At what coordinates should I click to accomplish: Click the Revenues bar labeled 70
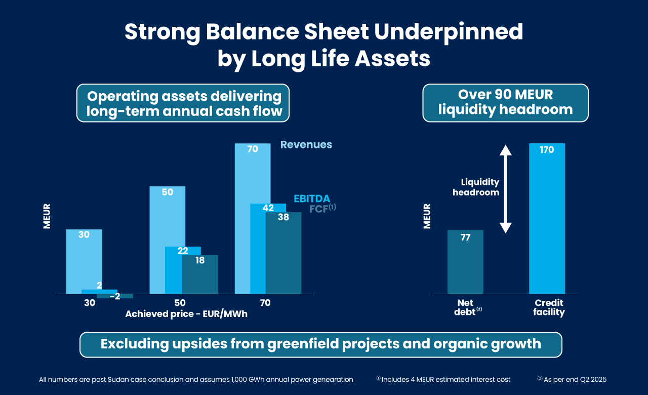252,172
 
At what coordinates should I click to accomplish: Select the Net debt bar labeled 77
465,263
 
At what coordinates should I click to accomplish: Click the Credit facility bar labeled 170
547,218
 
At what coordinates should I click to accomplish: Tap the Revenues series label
306,145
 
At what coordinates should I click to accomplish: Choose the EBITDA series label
312,199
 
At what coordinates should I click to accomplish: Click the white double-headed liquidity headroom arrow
506,189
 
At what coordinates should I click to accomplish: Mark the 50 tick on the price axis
180,303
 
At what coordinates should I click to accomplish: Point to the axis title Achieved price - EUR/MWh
186,314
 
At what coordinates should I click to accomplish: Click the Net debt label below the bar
465,307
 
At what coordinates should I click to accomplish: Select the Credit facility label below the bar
549,307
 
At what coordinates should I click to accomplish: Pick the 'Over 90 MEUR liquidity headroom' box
505,102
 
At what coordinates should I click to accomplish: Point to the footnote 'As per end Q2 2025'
572,379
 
